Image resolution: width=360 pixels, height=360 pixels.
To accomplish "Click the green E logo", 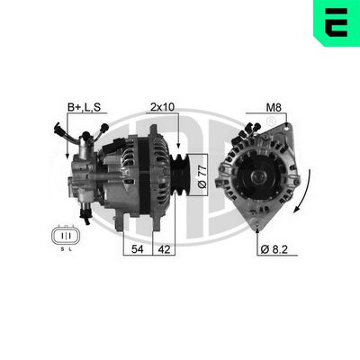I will point(335,24).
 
